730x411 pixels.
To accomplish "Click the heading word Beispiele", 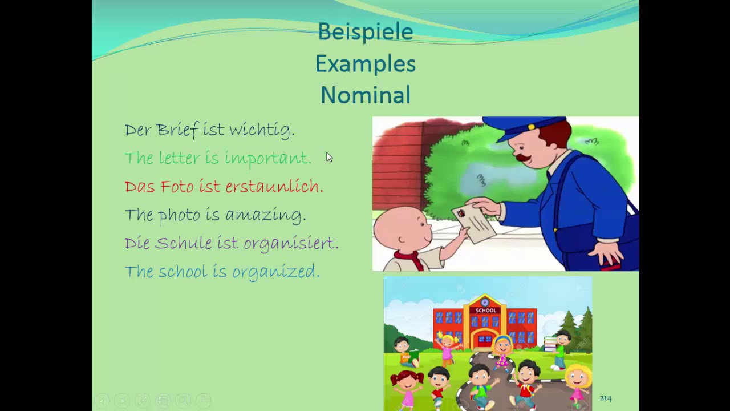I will click(x=365, y=32).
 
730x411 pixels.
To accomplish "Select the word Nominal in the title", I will click(x=365, y=95).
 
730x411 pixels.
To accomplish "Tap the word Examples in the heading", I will click(x=365, y=64).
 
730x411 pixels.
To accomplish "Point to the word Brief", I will click(x=178, y=130).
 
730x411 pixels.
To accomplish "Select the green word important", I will click(x=267, y=159).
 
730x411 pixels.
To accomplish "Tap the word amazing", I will click(x=265, y=215).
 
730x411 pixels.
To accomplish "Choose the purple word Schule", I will click(x=183, y=243).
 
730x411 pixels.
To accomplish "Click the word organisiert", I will click(x=291, y=244).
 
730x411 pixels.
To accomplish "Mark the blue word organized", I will click(x=275, y=272).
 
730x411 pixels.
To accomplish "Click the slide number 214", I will click(x=605, y=398).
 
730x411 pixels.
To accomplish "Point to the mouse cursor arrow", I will click(x=329, y=158).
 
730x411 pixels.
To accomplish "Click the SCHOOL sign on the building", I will click(x=485, y=311).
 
